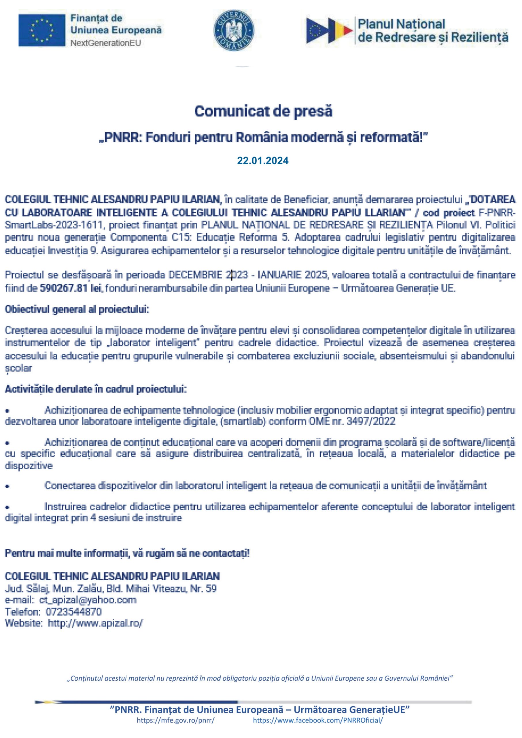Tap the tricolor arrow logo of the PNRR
click(x=329, y=31)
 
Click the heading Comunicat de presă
click(x=263, y=112)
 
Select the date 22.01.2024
click(x=263, y=161)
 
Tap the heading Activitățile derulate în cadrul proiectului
click(x=95, y=389)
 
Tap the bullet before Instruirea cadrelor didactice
click(x=7, y=507)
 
